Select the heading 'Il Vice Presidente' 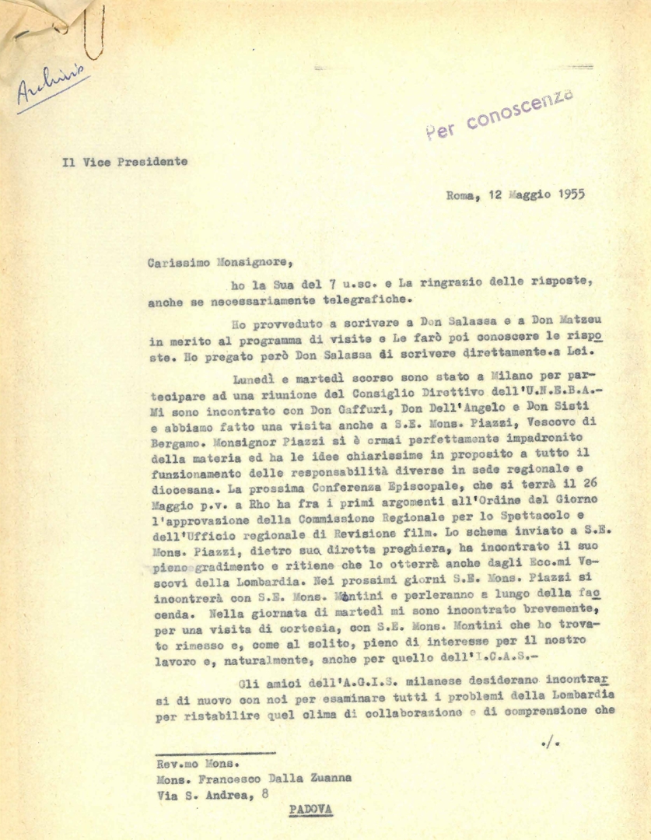coord(124,162)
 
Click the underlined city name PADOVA coord(310,809)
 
